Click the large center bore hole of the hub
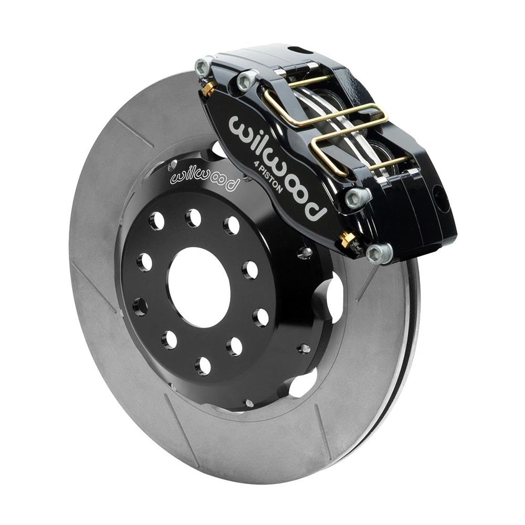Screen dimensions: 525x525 pos(199,288)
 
